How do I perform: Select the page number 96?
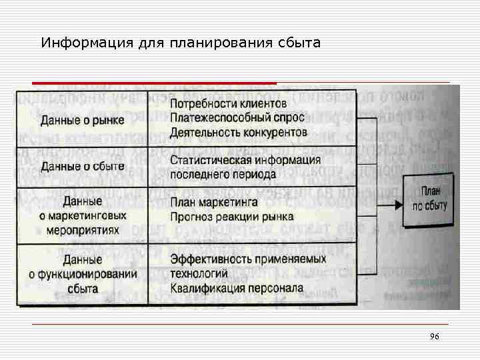[x=435, y=337]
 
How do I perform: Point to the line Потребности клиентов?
[x=228, y=103]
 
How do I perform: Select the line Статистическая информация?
[x=245, y=160]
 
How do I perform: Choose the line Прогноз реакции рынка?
[x=231, y=217]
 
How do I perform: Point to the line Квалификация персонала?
[x=237, y=288]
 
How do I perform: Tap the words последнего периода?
[x=223, y=175]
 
